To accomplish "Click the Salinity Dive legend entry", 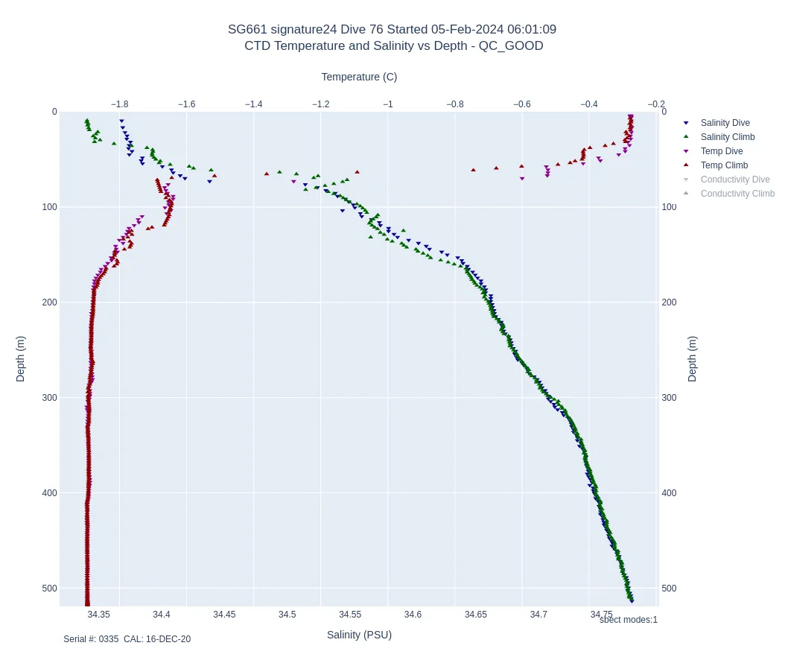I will [x=725, y=123].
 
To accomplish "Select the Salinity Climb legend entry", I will [x=727, y=137].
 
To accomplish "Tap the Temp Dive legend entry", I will [x=721, y=151].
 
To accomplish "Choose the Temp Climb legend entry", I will [x=724, y=165].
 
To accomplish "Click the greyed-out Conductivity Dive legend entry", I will [x=734, y=180].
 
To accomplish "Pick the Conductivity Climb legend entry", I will [x=737, y=194].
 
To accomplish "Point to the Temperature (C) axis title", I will [x=359, y=77].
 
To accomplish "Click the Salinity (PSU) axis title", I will [x=359, y=635].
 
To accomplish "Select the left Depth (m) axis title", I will [x=21, y=358].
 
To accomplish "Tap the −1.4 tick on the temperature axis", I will [x=254, y=104].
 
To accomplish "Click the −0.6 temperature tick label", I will [x=522, y=104].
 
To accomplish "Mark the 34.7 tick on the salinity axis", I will [x=538, y=615].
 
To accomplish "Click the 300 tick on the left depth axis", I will [x=49, y=398].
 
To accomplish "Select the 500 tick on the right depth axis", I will [x=669, y=589].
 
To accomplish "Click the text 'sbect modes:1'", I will [x=628, y=620].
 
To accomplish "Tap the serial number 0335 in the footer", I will [x=109, y=639].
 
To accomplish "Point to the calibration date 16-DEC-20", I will [x=168, y=639].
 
